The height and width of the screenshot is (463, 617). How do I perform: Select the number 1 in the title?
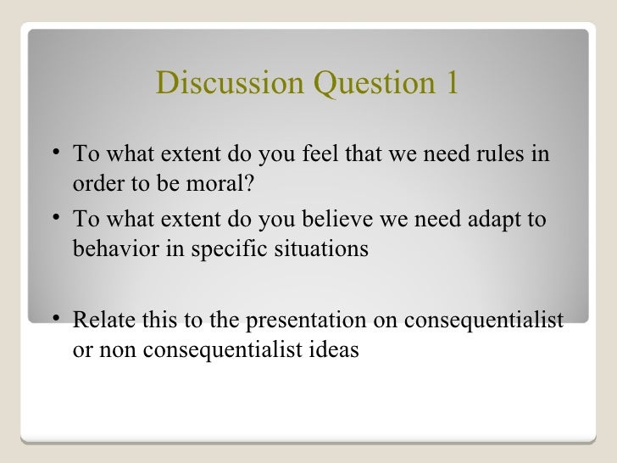(450, 83)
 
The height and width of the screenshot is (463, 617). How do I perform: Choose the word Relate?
(101, 321)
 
